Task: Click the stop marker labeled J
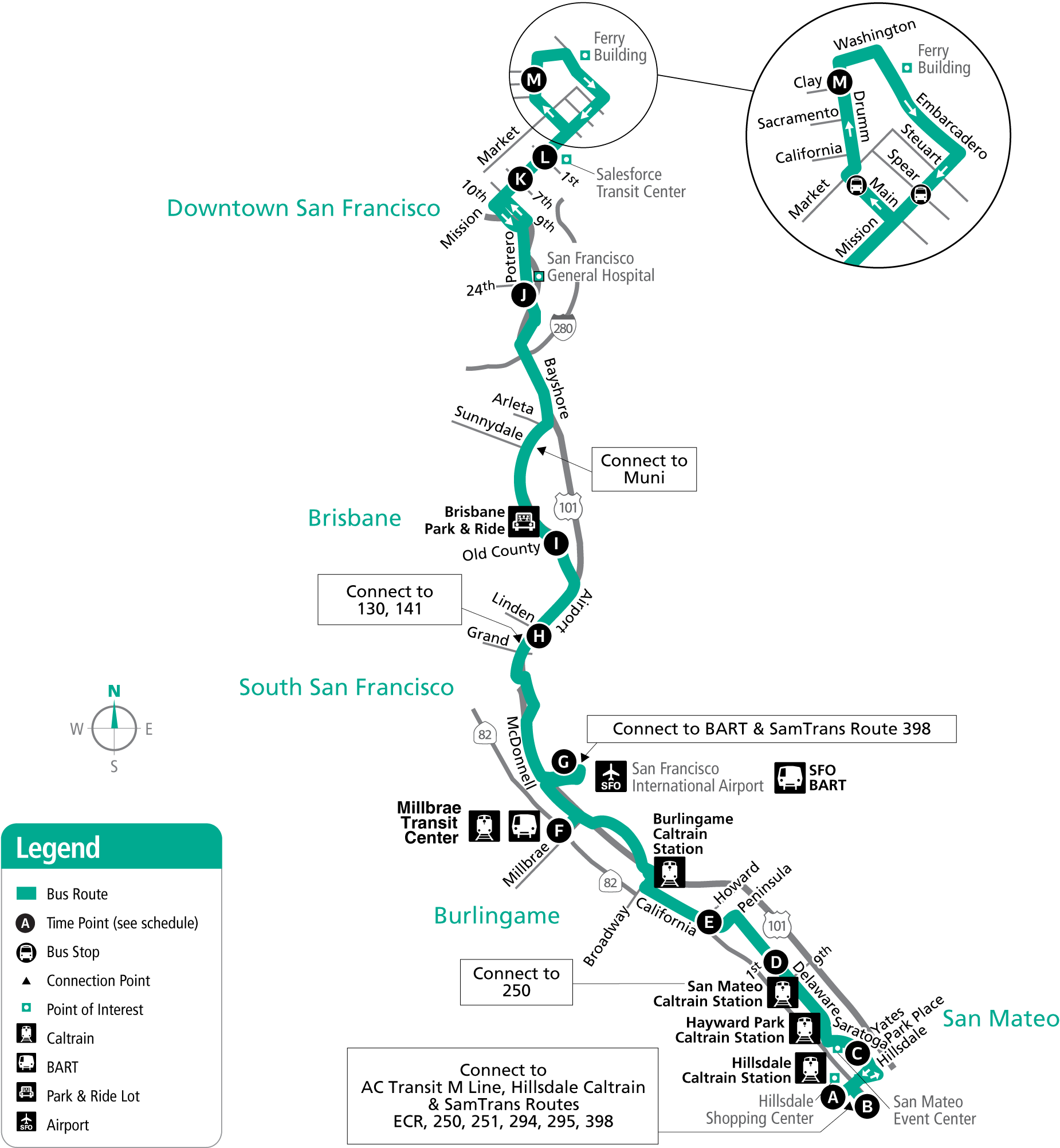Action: coord(523,296)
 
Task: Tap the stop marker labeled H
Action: coord(539,636)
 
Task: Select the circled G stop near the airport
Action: coord(564,761)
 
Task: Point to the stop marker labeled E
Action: coord(709,922)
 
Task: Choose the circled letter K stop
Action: coord(520,179)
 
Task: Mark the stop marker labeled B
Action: coord(867,1106)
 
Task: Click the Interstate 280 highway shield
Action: coord(563,328)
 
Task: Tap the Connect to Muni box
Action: coord(643,469)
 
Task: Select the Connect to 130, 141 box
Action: coord(390,600)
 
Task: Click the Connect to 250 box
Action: coord(516,982)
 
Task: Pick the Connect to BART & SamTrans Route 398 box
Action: coord(771,728)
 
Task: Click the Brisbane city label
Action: coord(355,518)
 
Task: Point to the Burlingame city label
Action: coord(497,916)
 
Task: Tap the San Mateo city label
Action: coord(1000,1018)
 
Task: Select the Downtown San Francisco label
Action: coord(304,208)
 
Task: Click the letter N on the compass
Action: coord(114,691)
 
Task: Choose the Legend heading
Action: coord(58,848)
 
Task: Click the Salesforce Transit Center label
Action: coord(640,183)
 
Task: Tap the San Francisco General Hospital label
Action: coord(600,267)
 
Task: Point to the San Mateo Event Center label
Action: coord(935,1110)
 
